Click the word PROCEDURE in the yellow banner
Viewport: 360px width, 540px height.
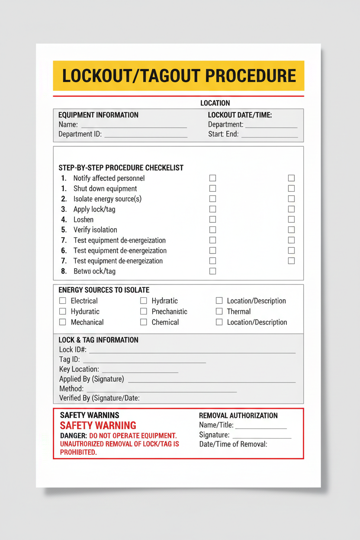tap(251, 76)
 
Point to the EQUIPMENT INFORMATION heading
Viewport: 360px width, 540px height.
tap(98, 115)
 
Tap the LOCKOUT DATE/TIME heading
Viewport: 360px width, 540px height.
tap(240, 115)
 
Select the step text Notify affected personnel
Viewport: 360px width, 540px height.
tap(109, 178)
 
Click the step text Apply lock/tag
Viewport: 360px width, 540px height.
tap(94, 209)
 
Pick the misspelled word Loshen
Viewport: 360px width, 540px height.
tap(84, 220)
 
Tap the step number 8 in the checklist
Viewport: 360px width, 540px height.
tap(64, 271)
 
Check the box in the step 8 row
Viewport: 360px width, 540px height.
tap(212, 271)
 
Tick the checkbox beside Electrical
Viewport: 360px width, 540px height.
tap(63, 301)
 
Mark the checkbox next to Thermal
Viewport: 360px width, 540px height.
tap(219, 312)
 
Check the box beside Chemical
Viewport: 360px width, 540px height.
tap(144, 322)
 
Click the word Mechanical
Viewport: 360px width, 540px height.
tap(87, 322)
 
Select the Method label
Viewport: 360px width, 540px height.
tap(71, 389)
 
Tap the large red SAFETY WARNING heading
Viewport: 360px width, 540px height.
tap(98, 426)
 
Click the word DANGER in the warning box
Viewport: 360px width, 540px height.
tap(73, 436)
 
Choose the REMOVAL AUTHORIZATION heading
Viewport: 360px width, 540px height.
tap(238, 416)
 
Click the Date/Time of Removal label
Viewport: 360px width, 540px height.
tap(233, 444)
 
